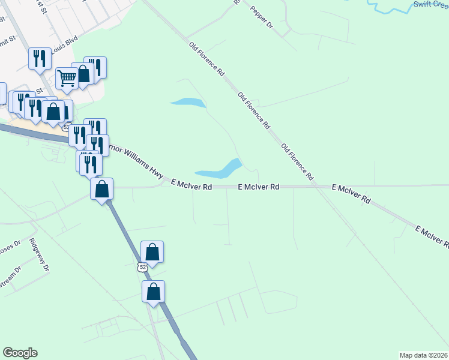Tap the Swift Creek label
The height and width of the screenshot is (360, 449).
pyautogui.click(x=430, y=4)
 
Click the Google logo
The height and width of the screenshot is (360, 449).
pyautogui.click(x=20, y=353)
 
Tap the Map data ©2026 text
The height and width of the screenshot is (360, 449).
pyautogui.click(x=423, y=355)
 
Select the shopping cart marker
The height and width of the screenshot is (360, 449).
pyautogui.click(x=67, y=77)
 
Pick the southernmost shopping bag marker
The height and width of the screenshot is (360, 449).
pyautogui.click(x=154, y=292)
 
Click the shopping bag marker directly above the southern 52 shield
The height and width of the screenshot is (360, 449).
pyautogui.click(x=152, y=252)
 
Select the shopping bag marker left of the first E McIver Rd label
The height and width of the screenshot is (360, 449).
pyautogui.click(x=102, y=189)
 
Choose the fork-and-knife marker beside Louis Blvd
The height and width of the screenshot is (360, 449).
pyautogui.click(x=40, y=59)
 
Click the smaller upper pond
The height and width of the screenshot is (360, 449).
pyautogui.click(x=188, y=103)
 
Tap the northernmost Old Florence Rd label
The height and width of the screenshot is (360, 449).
pyautogui.click(x=207, y=58)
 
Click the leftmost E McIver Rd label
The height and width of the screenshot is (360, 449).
pyautogui.click(x=191, y=187)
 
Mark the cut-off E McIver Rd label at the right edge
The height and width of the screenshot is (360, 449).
pyautogui.click(x=433, y=236)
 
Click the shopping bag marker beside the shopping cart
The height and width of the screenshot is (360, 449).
pyautogui.click(x=83, y=74)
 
